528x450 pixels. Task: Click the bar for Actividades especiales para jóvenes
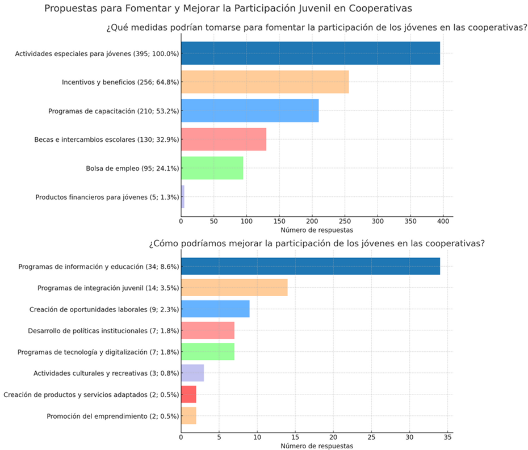310,53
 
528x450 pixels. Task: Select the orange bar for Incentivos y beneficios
265,82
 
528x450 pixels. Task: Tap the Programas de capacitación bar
250,111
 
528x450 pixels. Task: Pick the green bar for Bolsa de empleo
212,168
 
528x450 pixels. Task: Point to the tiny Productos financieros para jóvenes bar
183,197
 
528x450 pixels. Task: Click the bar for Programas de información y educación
310,266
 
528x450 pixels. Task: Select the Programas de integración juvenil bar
234,288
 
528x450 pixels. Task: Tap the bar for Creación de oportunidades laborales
215,309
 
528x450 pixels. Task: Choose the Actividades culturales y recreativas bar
192,373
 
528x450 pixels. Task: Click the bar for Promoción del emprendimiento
188,416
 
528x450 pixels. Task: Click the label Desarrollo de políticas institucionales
104,331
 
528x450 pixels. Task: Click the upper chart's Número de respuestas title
317,230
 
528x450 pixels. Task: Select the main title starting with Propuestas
228,9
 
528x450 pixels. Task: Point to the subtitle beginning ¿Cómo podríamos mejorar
316,244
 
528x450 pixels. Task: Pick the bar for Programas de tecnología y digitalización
208,352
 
